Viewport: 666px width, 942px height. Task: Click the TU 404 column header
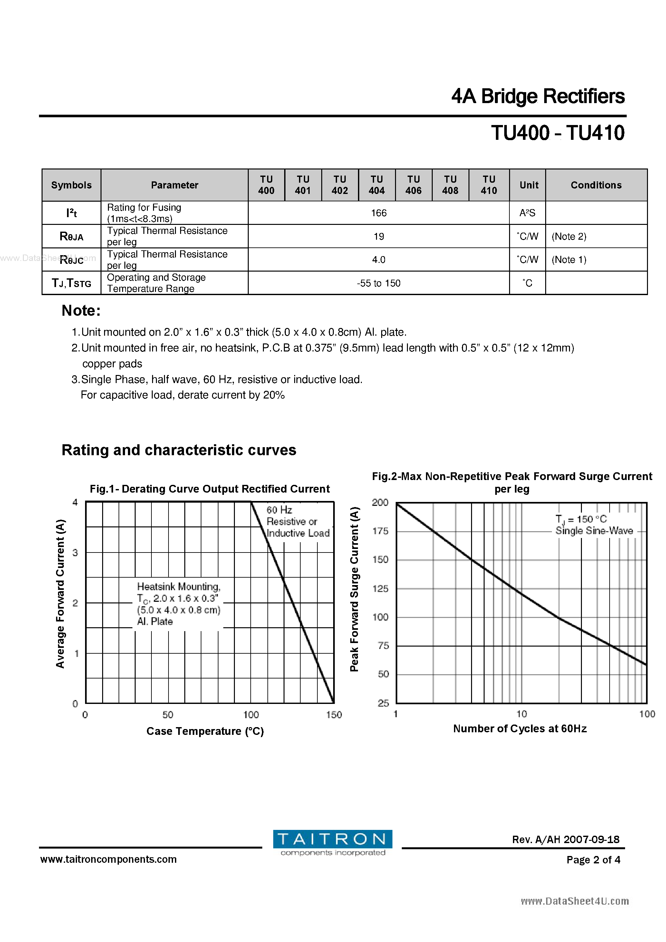point(376,185)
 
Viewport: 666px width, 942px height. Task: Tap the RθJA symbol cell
point(72,236)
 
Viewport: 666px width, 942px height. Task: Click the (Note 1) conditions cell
point(569,260)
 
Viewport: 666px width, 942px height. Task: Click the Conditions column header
point(596,185)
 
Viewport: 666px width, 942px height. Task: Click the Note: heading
point(81,311)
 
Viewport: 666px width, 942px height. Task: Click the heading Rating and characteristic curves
point(179,450)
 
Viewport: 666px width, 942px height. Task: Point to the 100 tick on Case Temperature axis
point(251,715)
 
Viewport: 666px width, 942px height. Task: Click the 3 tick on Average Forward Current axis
point(75,553)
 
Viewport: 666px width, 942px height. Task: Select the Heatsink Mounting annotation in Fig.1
point(179,603)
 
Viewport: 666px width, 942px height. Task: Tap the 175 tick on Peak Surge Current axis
point(380,531)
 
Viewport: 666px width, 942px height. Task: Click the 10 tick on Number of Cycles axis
point(521,714)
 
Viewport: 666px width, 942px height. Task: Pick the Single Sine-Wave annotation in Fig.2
point(594,531)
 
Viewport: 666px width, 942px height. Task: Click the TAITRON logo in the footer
point(333,839)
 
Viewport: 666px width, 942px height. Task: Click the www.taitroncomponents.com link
point(108,859)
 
